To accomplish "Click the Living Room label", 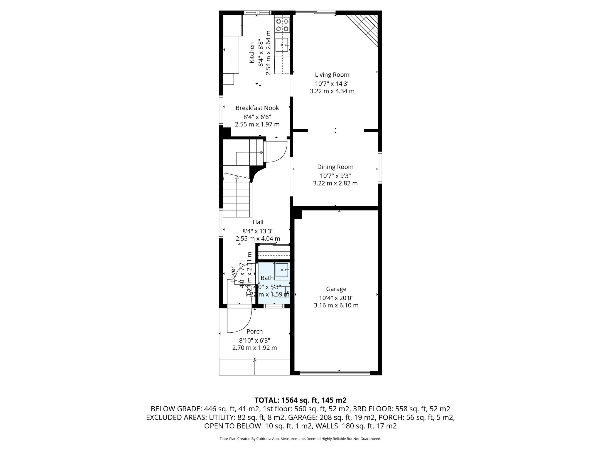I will point(332,75).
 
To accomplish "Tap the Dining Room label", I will point(335,167).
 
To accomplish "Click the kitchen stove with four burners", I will point(282,25).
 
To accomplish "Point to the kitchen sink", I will point(282,45).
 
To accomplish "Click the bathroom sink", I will point(282,270).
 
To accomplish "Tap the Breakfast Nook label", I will point(257,108).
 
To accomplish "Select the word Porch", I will point(254,331).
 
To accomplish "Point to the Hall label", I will point(258,222).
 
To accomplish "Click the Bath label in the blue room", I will point(267,278).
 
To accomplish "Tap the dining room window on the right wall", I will point(380,167).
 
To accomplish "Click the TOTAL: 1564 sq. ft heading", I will point(300,400).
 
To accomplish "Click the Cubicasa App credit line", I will point(300,439).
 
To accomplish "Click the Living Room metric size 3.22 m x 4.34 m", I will point(332,91).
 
